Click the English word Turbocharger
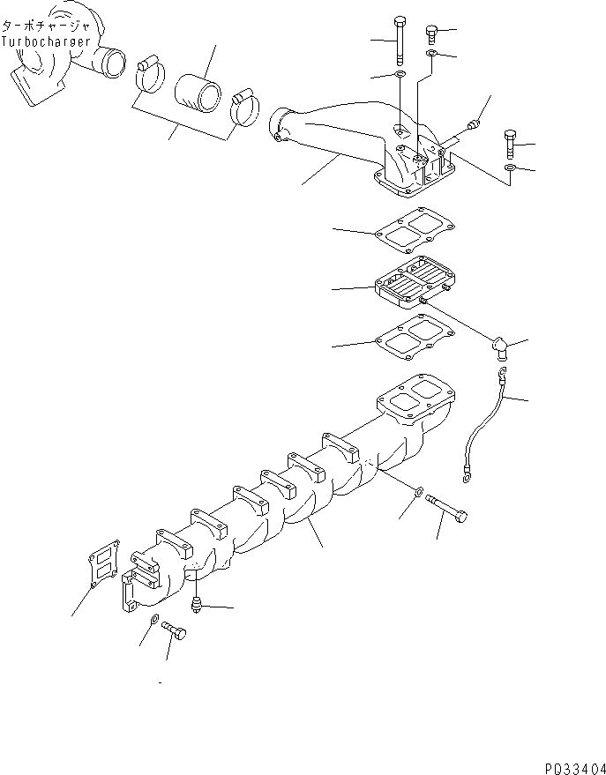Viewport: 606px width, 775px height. click(x=46, y=41)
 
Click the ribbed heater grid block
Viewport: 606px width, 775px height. click(x=412, y=283)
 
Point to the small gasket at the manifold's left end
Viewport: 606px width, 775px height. click(x=101, y=563)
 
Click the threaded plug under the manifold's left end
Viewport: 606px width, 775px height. click(x=197, y=605)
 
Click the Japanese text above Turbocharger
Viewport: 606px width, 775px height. click(x=45, y=28)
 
